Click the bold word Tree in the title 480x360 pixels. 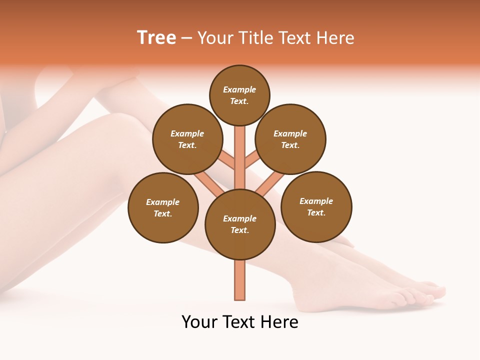156,38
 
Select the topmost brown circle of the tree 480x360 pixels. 239,95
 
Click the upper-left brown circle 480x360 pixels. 187,139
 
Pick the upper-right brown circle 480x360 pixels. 290,139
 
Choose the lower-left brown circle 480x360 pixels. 163,207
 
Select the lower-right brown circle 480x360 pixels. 316,206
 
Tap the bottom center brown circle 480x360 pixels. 240,224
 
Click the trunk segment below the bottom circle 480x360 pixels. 240,280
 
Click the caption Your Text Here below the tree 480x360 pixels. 240,322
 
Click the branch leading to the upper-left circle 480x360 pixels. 226,161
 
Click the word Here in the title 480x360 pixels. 335,38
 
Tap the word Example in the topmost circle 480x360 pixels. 239,89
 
